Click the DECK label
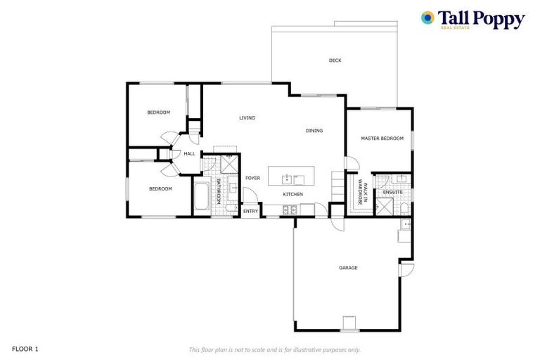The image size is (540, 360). (335, 60)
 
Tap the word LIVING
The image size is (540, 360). (246, 117)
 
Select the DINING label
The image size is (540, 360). (314, 131)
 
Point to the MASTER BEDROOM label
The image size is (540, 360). (382, 139)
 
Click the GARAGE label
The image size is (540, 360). (348, 268)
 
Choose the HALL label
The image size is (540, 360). (189, 154)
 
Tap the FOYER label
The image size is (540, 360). (252, 178)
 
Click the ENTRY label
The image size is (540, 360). (251, 211)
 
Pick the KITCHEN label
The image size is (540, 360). (292, 194)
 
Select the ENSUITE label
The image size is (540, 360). (392, 191)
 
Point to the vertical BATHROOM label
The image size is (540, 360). (219, 191)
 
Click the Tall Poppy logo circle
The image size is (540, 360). (427, 18)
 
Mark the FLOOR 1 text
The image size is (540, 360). (25, 348)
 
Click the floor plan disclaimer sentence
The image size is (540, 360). (275, 349)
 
